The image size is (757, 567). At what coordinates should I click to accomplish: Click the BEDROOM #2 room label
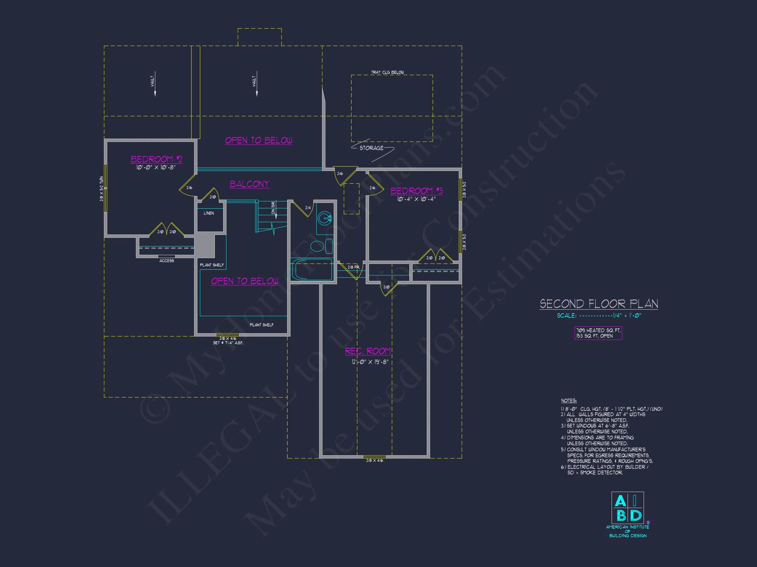coord(156,159)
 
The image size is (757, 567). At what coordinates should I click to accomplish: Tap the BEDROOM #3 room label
coord(417,191)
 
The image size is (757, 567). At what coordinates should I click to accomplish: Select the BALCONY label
coord(249,184)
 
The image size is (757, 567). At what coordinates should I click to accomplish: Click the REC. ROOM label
coord(368,351)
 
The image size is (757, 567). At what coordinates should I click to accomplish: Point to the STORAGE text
coord(371,148)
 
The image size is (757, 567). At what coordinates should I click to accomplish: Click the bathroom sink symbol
coord(324,218)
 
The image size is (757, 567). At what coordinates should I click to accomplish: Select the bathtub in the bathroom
coord(312,270)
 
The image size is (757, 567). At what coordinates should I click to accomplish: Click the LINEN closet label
coord(209,213)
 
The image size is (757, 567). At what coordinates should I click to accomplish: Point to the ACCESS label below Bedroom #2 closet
coord(167,261)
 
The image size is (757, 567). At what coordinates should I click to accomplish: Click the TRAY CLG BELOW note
coord(387,73)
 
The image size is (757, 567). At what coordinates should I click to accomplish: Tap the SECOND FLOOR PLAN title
coord(599,304)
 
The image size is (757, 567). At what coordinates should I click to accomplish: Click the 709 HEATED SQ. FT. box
coord(598,333)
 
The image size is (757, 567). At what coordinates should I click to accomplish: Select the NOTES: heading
coord(569,401)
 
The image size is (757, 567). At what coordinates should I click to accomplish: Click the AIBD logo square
coord(627,508)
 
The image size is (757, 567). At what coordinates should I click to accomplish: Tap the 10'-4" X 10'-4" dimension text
coord(416,199)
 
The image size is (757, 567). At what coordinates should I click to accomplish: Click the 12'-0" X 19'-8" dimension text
coord(370,362)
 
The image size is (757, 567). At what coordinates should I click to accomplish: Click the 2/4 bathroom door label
coord(308,208)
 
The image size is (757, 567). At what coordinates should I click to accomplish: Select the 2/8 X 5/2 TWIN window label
coord(102,189)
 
